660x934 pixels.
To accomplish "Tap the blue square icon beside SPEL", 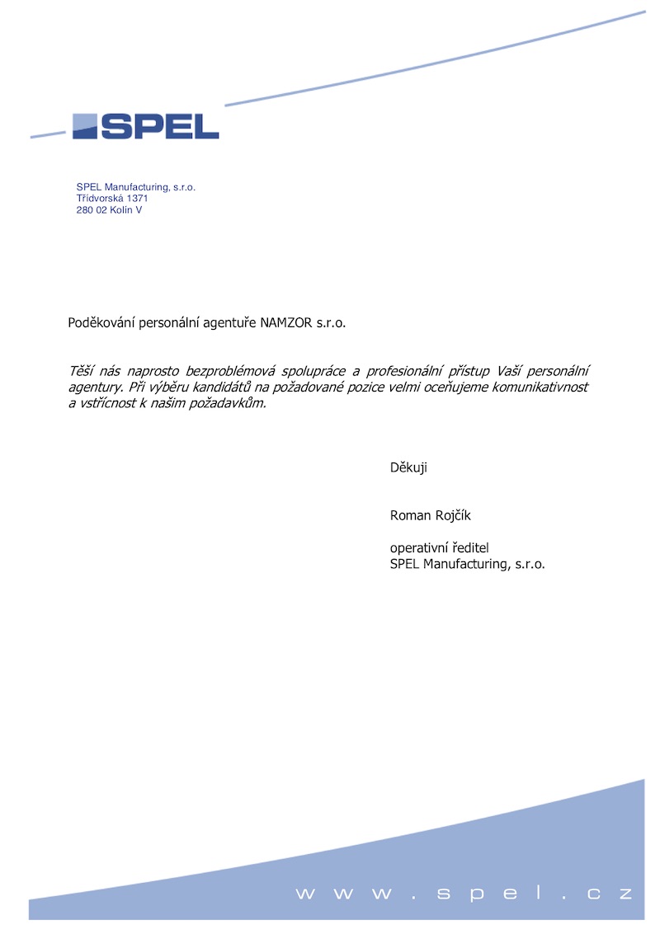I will (x=85, y=126).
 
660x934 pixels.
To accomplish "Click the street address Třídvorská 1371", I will (x=112, y=199).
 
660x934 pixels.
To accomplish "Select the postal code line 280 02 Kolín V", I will (x=109, y=210).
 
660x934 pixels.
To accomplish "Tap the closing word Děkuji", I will (x=408, y=468).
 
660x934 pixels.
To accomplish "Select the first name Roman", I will (x=410, y=516).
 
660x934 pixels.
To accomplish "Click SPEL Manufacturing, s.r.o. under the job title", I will (x=467, y=565).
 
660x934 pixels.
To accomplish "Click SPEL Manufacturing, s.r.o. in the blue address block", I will (x=135, y=187).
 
